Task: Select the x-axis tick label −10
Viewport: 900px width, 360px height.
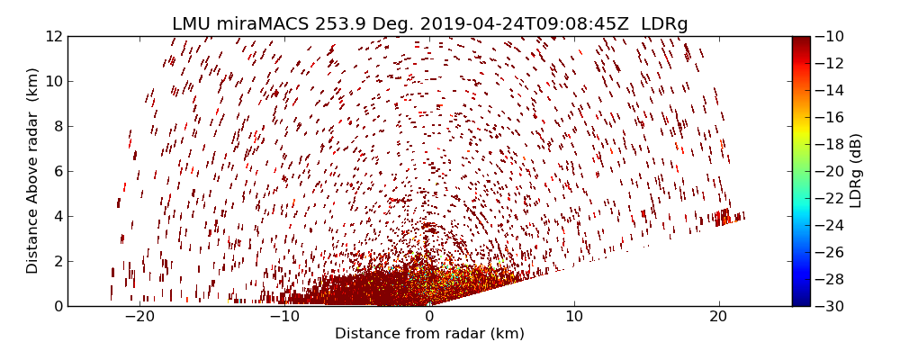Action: [283, 317]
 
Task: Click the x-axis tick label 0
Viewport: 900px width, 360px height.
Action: [429, 317]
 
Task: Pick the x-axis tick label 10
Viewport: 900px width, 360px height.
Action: [574, 317]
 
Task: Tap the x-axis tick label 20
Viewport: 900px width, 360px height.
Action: [718, 317]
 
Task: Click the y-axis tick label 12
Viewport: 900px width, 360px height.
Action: [53, 36]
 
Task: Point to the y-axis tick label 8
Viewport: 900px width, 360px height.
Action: [57, 126]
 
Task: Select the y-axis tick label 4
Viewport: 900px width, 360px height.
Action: [57, 216]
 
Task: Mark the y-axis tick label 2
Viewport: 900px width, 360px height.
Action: [57, 261]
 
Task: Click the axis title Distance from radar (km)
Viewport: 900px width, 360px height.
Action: [429, 334]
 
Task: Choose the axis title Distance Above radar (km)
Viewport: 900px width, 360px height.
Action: [33, 171]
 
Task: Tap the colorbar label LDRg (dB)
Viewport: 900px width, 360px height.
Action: [856, 171]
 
